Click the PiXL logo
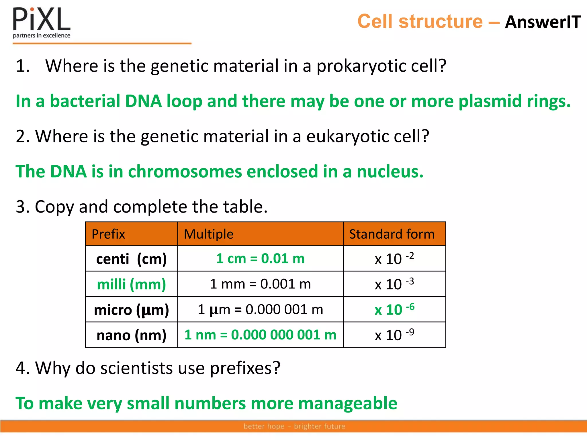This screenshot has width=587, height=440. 42,22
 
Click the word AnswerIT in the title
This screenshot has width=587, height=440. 543,22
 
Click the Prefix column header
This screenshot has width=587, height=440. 108,234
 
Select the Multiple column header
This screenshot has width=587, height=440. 208,234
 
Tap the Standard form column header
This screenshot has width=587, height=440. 392,234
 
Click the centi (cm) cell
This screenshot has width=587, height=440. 131,259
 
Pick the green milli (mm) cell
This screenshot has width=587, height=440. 131,284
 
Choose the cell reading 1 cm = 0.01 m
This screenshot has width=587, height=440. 260,259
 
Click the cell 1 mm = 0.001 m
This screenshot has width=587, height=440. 260,284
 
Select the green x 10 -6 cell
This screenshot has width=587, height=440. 394,309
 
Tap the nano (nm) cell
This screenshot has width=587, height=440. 131,335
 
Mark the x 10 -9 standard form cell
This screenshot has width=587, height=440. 394,335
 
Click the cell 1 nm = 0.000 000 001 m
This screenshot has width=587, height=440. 260,335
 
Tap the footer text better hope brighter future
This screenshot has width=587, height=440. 294,426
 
